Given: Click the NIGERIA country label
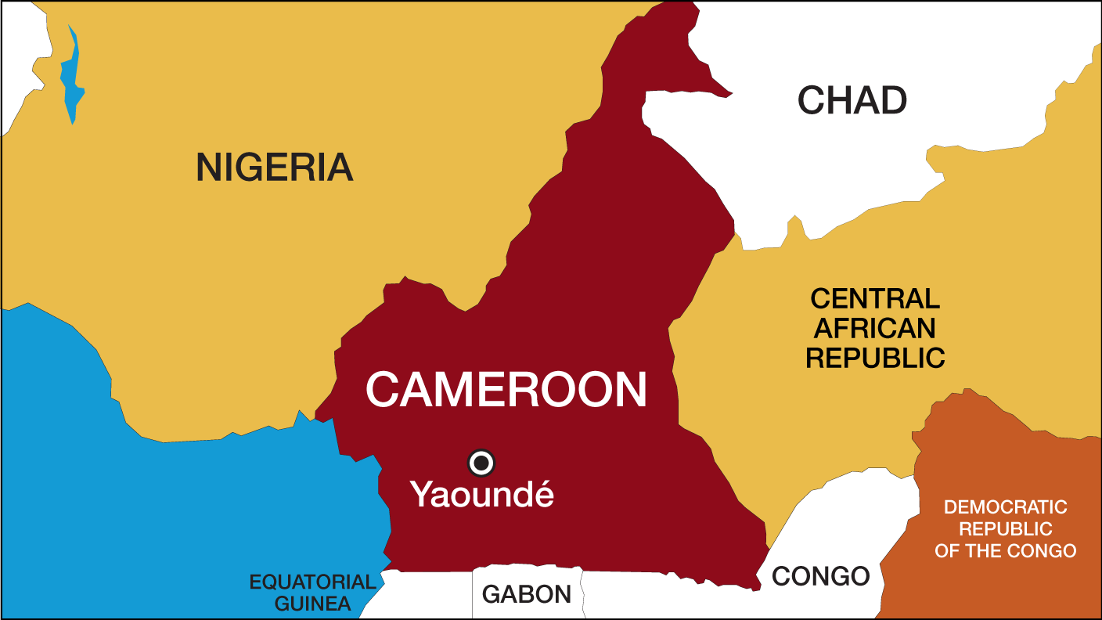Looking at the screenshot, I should (274, 168).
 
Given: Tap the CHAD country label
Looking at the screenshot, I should (852, 101).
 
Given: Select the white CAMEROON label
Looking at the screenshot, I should (506, 390).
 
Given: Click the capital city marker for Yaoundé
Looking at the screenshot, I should (481, 463).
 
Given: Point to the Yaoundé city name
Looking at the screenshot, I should (481, 495).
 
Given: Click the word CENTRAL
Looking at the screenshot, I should (875, 299).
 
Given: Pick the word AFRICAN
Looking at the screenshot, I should (875, 328).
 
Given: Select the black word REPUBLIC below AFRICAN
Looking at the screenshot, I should (875, 358).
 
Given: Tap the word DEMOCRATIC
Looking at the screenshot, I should (1005, 507).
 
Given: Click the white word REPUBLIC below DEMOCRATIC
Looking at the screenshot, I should (1005, 529).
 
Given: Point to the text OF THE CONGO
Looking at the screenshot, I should (1005, 551).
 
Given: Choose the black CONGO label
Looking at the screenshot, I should (820, 577).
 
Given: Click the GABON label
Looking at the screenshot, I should (527, 595).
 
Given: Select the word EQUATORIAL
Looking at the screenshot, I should (312, 582).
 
